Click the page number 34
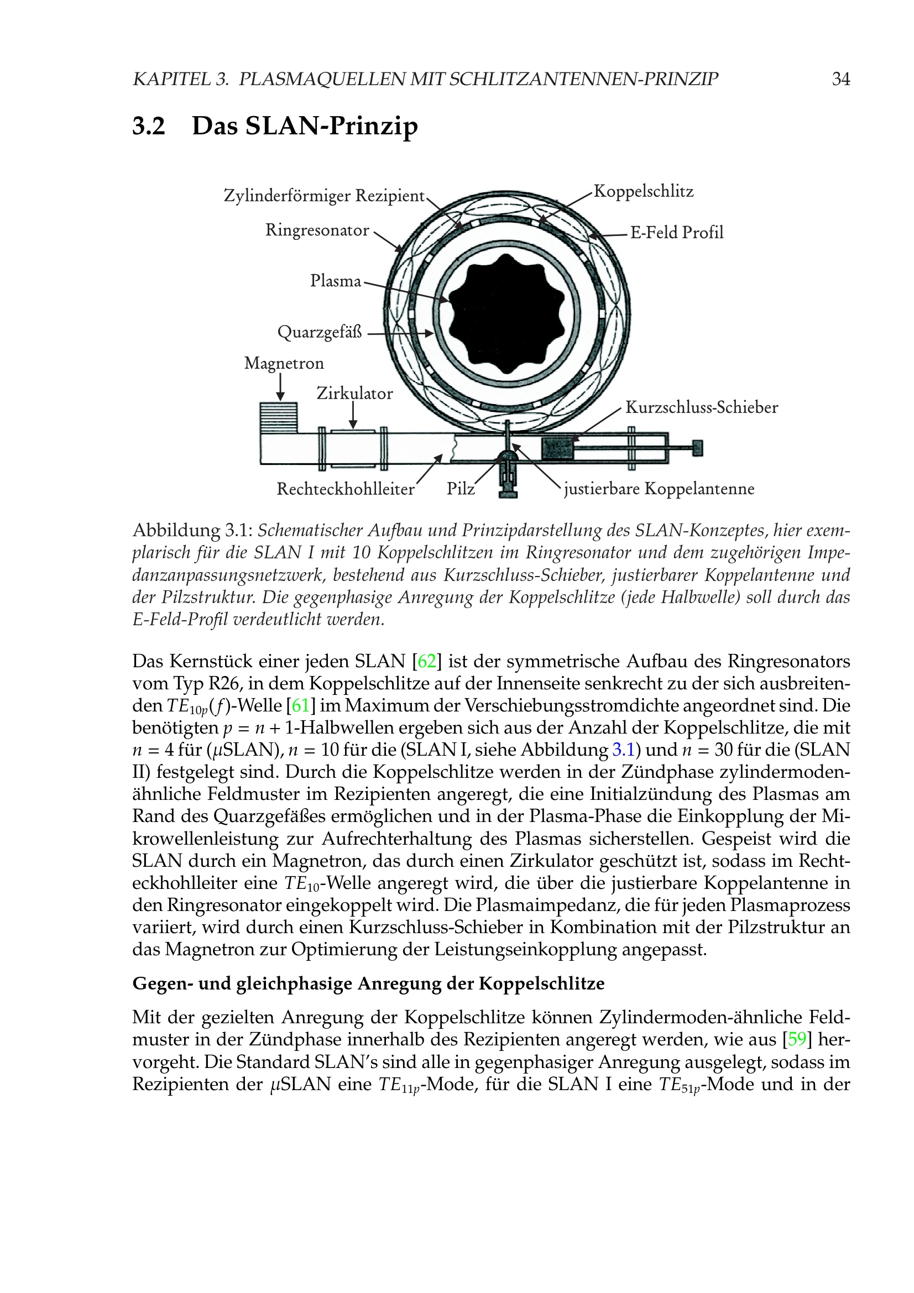(x=840, y=79)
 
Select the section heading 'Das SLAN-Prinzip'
(x=305, y=126)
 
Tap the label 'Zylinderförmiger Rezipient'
(x=324, y=196)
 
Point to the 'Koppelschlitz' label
(x=643, y=191)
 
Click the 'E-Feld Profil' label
(x=676, y=232)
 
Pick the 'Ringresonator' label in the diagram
(x=317, y=231)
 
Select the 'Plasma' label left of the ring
(x=336, y=280)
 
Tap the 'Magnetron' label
(x=284, y=363)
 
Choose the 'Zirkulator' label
(x=354, y=393)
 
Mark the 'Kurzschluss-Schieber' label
(x=701, y=407)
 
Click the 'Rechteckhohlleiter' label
(x=345, y=489)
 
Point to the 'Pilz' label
(x=461, y=489)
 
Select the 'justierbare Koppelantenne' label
(x=659, y=489)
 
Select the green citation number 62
(x=427, y=661)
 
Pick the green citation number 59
(x=797, y=1039)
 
